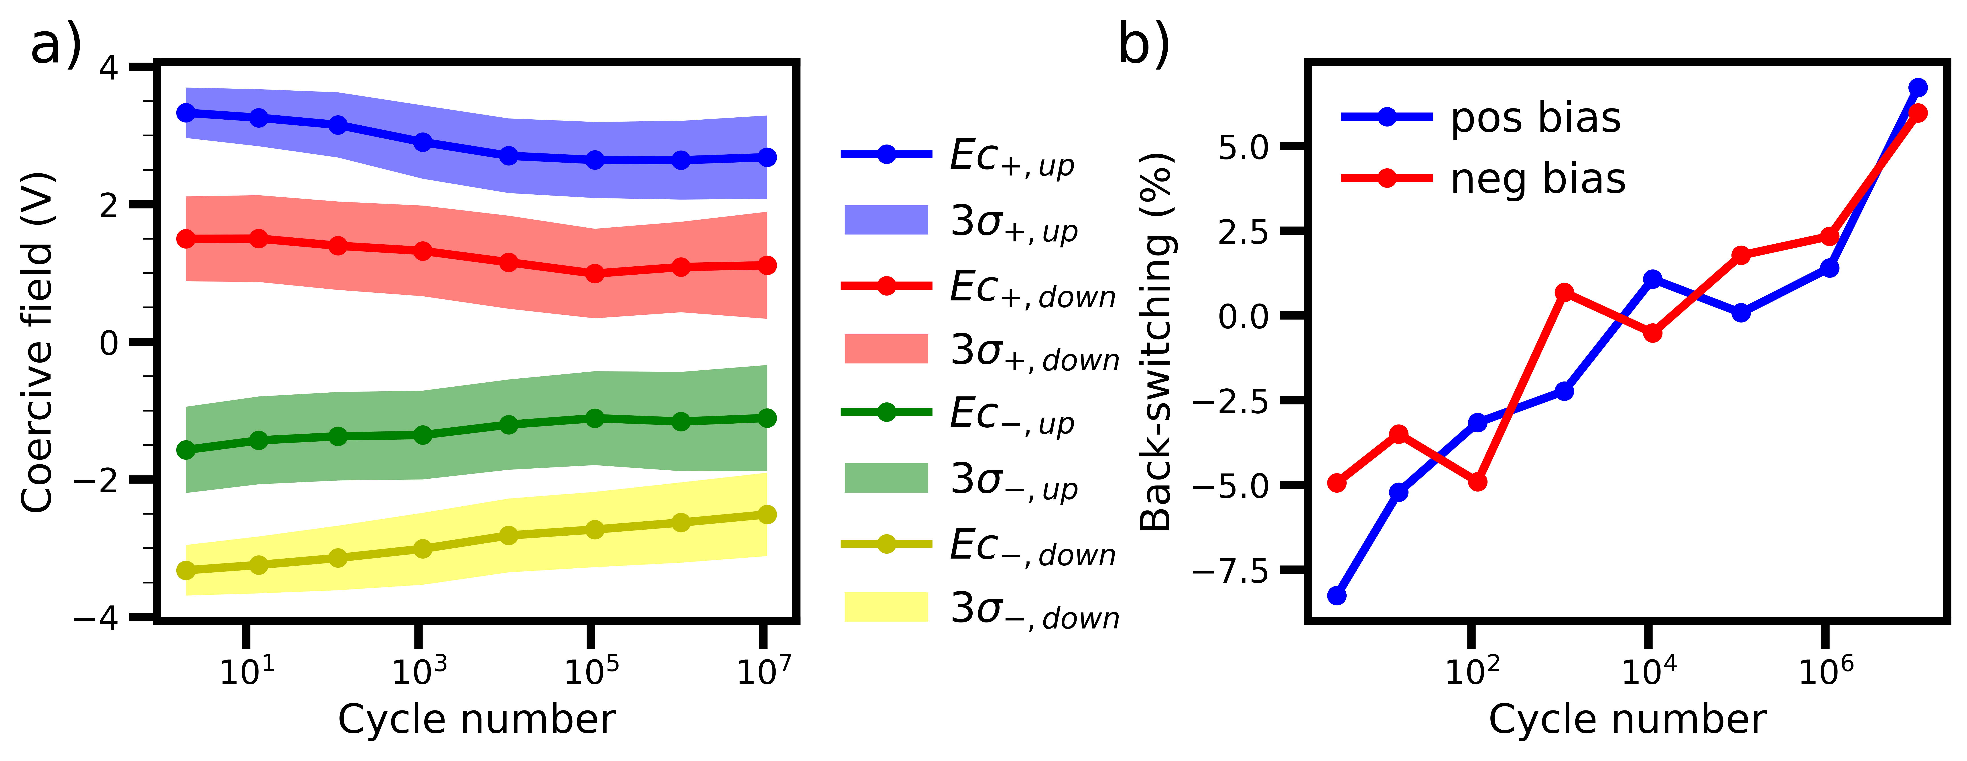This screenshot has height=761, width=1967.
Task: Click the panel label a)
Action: coord(55,44)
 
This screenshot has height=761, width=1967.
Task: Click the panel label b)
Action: coord(1143,44)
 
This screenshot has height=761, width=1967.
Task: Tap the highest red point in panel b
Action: coord(1917,113)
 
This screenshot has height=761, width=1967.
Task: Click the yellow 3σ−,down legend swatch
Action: coord(886,607)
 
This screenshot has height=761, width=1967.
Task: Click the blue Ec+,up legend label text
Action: coord(1012,157)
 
